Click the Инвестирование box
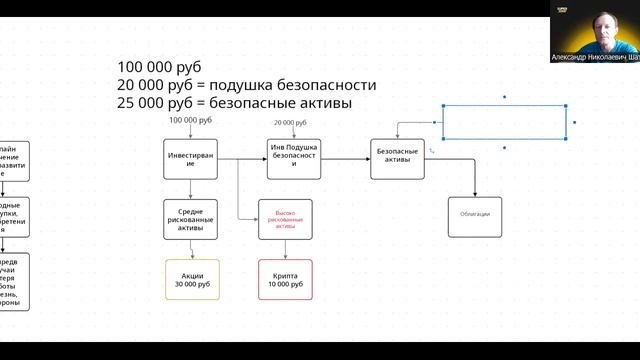tap(191, 159)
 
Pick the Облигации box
tap(475, 216)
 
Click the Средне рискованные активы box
tap(191, 219)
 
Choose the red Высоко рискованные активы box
tap(285, 219)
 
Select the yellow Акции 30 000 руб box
tap(191, 279)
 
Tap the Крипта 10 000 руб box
tap(285, 279)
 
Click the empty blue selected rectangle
tap(504, 122)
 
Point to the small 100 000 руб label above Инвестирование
tap(191, 120)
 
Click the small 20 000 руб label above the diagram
tap(290, 123)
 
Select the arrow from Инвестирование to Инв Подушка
tap(241, 159)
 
